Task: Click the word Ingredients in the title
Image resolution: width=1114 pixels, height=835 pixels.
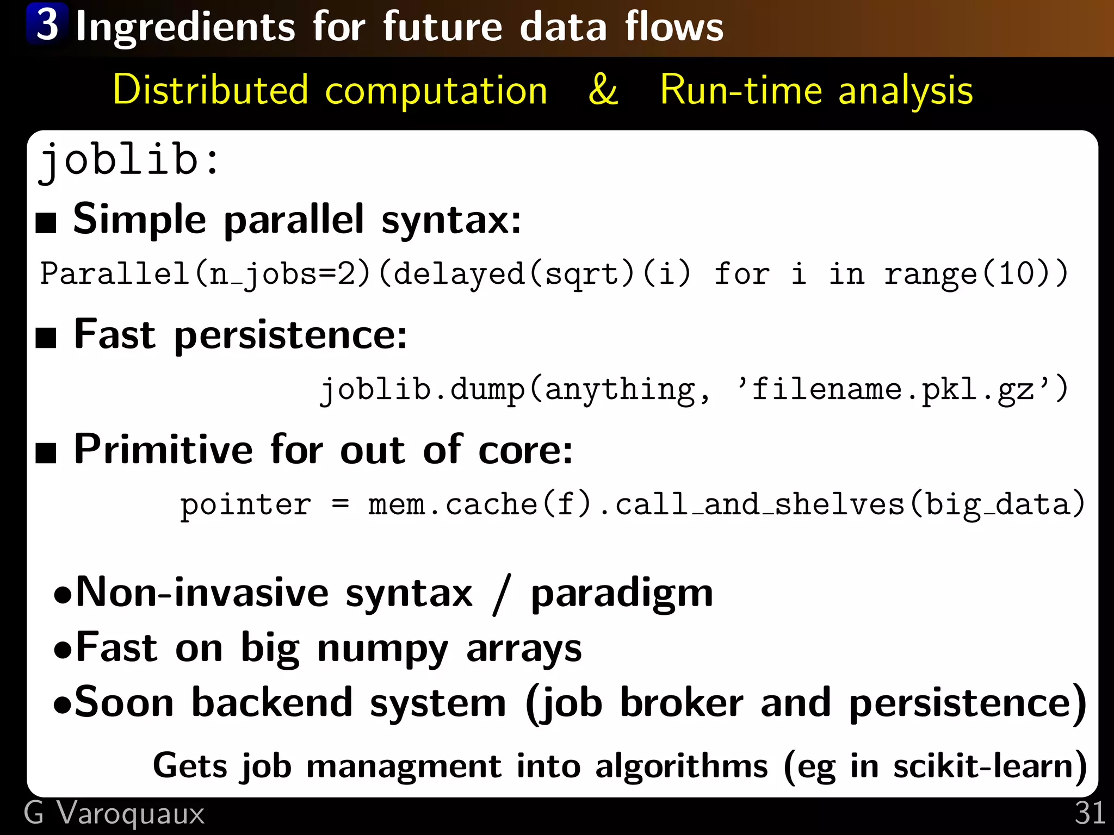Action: point(185,27)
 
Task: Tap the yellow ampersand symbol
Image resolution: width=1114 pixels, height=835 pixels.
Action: point(603,90)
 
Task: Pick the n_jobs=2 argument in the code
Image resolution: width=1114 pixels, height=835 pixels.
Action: point(282,273)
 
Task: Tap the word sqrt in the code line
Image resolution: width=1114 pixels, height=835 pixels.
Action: point(581,273)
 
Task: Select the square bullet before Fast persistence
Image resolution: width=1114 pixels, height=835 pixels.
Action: point(46,338)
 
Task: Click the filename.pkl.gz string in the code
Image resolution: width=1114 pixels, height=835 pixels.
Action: point(892,389)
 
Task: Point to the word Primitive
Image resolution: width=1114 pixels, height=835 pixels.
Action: point(163,450)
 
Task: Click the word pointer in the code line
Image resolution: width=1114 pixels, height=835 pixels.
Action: point(246,504)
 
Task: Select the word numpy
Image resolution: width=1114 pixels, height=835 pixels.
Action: point(382,649)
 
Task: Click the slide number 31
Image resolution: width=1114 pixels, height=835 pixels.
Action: point(1090,813)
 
